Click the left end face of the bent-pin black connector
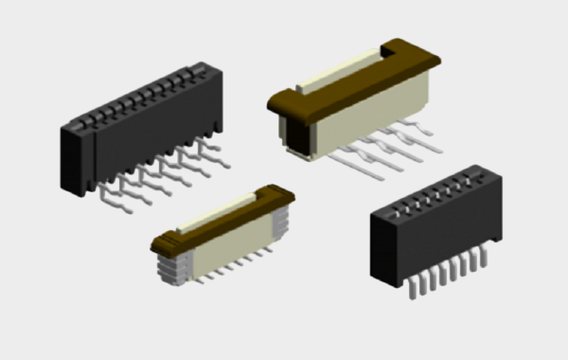(73, 160)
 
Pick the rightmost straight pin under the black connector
(487, 246)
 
